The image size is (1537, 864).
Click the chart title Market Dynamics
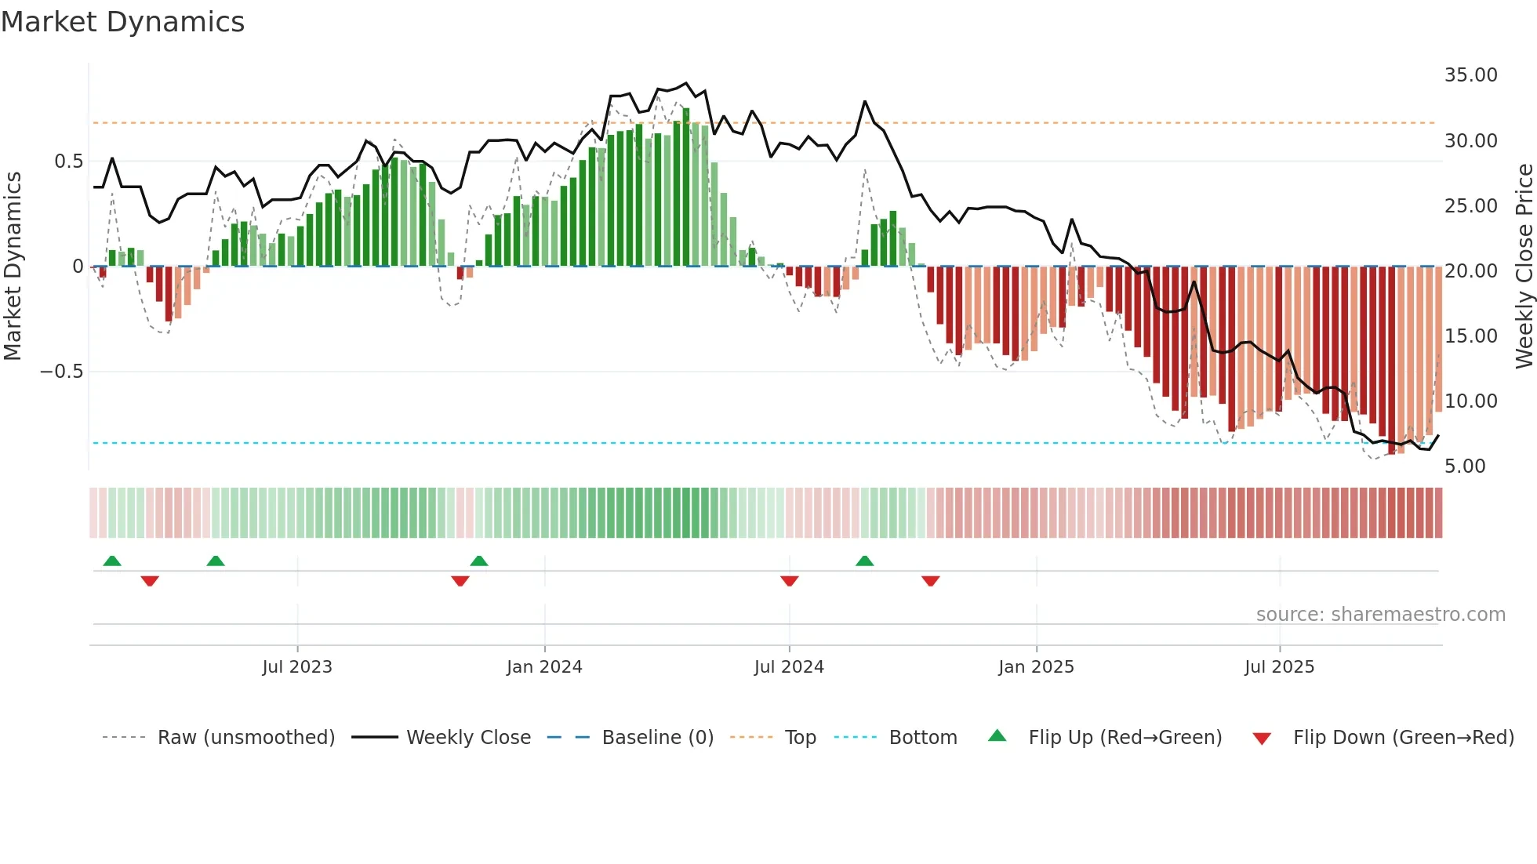coord(123,22)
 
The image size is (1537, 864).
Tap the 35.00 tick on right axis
coord(1470,75)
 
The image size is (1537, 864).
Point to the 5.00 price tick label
coord(1465,466)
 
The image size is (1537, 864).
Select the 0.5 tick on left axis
coord(69,162)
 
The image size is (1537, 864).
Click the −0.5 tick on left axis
coord(62,372)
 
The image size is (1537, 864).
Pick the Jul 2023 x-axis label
coord(297,667)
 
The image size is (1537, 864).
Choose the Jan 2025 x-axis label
coord(1036,667)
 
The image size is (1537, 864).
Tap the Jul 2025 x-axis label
coord(1279,667)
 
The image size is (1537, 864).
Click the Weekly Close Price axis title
coord(1524,267)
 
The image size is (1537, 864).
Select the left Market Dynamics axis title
coord(13,267)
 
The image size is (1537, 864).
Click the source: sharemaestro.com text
coord(1380,615)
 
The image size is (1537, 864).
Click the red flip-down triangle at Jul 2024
coord(790,581)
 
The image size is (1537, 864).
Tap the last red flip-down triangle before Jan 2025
coord(931,581)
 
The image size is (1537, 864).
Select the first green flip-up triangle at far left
coord(112,561)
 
